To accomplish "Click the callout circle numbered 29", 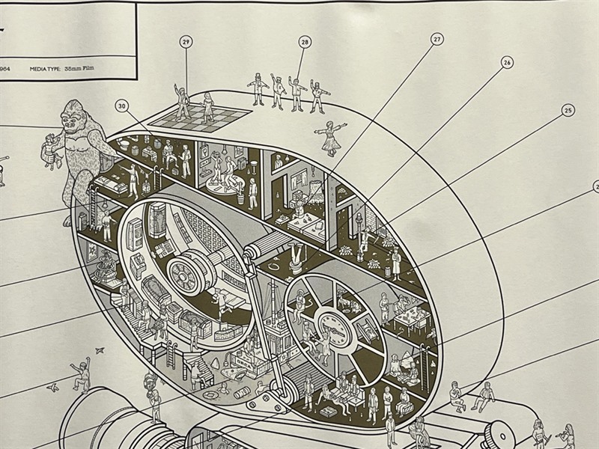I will click(186, 43).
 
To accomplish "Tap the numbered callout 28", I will click(305, 43).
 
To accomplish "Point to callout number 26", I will click(507, 63).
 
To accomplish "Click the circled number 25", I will click(568, 111).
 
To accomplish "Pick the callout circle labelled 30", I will click(122, 107).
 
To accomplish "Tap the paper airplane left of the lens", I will click(52, 387).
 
